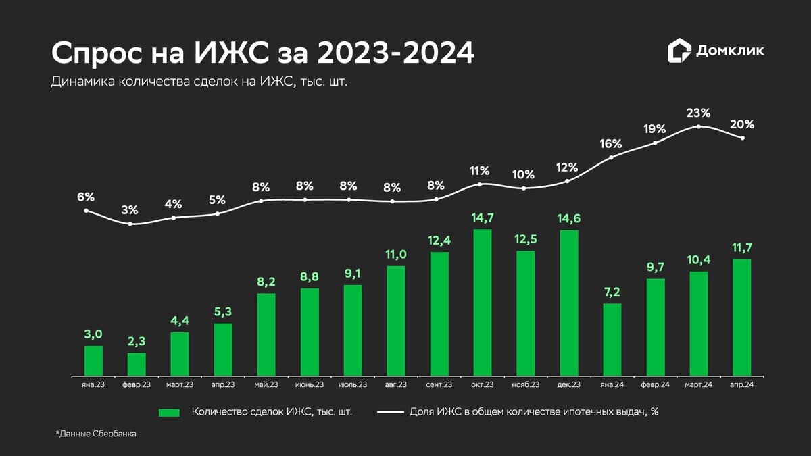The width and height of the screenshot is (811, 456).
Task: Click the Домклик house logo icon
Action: pos(679,51)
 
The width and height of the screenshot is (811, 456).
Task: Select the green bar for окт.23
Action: pos(482,302)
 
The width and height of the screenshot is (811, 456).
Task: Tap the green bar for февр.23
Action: pos(137,364)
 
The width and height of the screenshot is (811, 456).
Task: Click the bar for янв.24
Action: pos(612,339)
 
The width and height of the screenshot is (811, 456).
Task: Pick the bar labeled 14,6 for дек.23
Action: pos(568,303)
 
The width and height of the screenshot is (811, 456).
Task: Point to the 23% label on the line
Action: pos(698,113)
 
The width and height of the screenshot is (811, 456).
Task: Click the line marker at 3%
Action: pos(130,224)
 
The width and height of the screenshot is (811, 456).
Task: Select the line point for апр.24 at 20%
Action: pos(743,138)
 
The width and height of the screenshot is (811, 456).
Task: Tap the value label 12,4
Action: pos(439,240)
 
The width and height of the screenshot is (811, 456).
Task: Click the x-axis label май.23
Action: pos(266,384)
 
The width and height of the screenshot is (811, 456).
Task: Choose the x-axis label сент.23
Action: pos(439,384)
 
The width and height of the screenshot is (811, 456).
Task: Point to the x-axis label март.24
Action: pos(698,384)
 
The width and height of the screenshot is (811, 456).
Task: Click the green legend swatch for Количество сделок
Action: pos(169,412)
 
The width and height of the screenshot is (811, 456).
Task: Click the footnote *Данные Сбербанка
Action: pos(95,434)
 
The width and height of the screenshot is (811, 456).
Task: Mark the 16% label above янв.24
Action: pos(612,143)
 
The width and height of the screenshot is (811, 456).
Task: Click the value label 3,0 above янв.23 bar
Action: pos(93,334)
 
